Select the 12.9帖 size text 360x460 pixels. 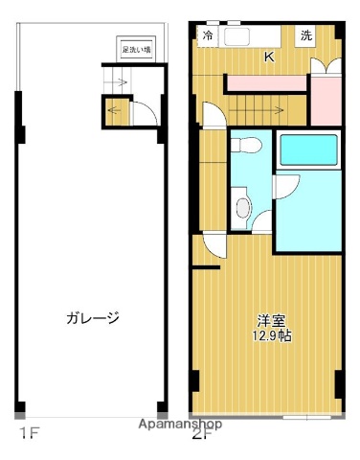[x=270, y=335]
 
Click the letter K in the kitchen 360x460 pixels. [x=269, y=57]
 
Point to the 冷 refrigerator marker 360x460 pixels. [x=209, y=36]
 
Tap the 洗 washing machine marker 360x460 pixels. [x=305, y=36]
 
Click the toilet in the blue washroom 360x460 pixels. [x=245, y=146]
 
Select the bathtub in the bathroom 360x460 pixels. [x=306, y=151]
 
